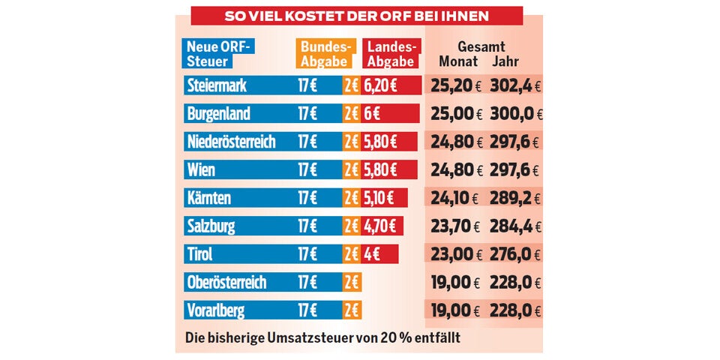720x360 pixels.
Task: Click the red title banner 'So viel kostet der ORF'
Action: pyautogui.click(x=357, y=16)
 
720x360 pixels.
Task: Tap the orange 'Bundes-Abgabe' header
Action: pyautogui.click(x=325, y=54)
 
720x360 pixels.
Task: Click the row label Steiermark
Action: pyautogui.click(x=217, y=86)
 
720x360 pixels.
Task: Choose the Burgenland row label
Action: pyautogui.click(x=219, y=115)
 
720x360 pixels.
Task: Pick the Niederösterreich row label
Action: pyautogui.click(x=231, y=142)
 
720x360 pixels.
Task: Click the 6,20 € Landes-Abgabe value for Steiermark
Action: pyautogui.click(x=381, y=86)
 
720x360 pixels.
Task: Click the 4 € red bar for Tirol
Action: pyautogui.click(x=373, y=254)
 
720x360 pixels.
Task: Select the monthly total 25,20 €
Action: pyautogui.click(x=455, y=86)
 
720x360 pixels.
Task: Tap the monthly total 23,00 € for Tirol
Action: pyautogui.click(x=455, y=254)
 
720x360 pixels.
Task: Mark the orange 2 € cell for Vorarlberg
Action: pyautogui.click(x=352, y=310)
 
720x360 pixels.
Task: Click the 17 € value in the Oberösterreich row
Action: pyautogui.click(x=307, y=283)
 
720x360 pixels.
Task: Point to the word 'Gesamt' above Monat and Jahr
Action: pyautogui.click(x=481, y=47)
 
